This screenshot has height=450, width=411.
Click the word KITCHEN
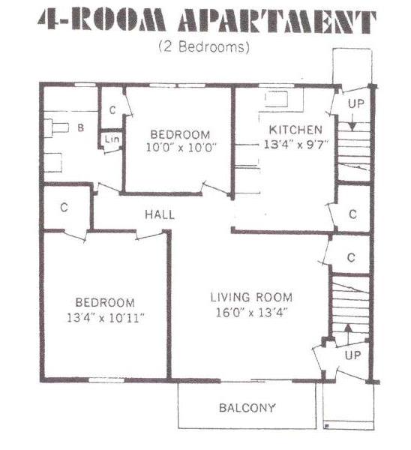tap(295, 130)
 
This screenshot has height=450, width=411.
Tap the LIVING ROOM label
tap(251, 297)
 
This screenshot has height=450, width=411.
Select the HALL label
tap(160, 214)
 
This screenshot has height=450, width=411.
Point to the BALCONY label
tap(247, 407)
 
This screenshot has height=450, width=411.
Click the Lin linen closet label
tap(112, 139)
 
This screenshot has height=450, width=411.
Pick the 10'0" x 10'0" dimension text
tap(181, 148)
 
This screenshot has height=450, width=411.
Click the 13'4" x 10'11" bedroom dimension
tap(105, 318)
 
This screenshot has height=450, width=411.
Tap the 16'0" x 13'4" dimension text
tap(251, 312)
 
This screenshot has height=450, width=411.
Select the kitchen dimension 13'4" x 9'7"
tap(295, 144)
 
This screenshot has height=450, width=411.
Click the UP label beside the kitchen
tap(356, 103)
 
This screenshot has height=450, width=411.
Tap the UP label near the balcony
tap(352, 355)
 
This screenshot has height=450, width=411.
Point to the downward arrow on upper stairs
tap(352, 123)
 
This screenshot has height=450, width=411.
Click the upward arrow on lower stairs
tap(348, 334)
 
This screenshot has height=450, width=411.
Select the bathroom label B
tap(81, 127)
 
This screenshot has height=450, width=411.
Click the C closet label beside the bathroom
tap(112, 110)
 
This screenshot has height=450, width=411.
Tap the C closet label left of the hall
tap(64, 207)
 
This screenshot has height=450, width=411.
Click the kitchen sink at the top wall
tap(276, 99)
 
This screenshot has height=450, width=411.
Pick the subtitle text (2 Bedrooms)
tap(204, 46)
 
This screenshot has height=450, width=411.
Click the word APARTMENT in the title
tap(277, 21)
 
